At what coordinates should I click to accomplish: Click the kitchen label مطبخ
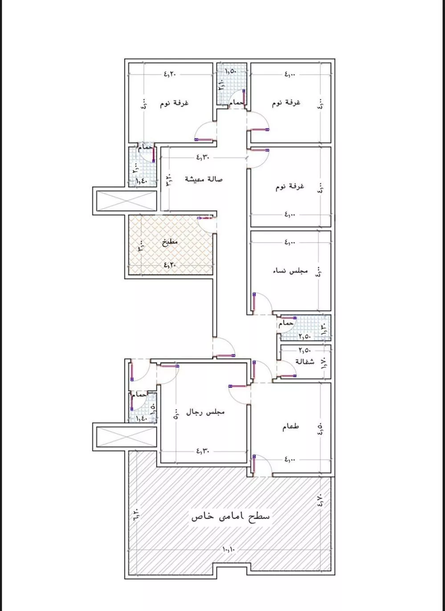click(x=170, y=241)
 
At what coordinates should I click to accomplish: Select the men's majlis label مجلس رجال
click(x=205, y=412)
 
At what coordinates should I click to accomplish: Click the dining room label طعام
click(x=290, y=426)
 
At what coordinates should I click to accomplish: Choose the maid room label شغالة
click(x=305, y=362)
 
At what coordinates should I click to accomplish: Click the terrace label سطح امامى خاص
click(x=230, y=516)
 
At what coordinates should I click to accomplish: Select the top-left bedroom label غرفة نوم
click(x=174, y=103)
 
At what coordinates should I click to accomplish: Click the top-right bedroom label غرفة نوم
click(x=286, y=103)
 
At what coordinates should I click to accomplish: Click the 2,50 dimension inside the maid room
click(x=305, y=350)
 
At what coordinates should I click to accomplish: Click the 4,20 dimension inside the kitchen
click(x=170, y=265)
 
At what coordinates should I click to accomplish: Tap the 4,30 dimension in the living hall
click(x=203, y=157)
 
